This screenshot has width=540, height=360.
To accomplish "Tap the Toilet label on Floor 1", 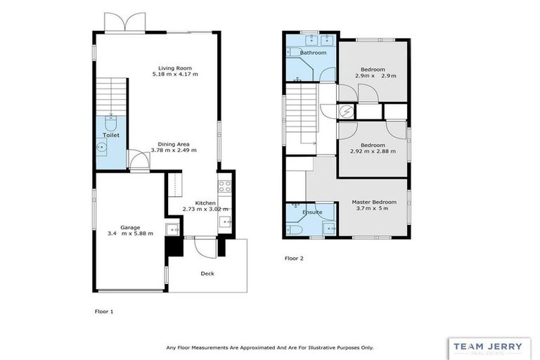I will click(111, 134).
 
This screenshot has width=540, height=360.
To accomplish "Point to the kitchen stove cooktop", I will click(225, 186).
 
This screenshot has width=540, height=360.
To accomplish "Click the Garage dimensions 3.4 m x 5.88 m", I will click(130, 233).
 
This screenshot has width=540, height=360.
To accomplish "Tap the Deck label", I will click(207, 274).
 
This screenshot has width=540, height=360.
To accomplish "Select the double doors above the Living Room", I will click(124, 21).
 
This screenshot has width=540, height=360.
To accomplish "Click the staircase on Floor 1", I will click(110, 95).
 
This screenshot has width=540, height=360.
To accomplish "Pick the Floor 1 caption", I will click(103, 310).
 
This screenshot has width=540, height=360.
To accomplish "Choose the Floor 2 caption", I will click(294, 258).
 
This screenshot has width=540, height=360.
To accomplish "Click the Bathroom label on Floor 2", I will click(313, 53).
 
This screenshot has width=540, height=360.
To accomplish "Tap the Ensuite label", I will click(312, 212).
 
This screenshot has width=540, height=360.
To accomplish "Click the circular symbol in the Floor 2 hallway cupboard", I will click(346, 111).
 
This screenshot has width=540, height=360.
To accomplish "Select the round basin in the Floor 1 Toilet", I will click(103, 148).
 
